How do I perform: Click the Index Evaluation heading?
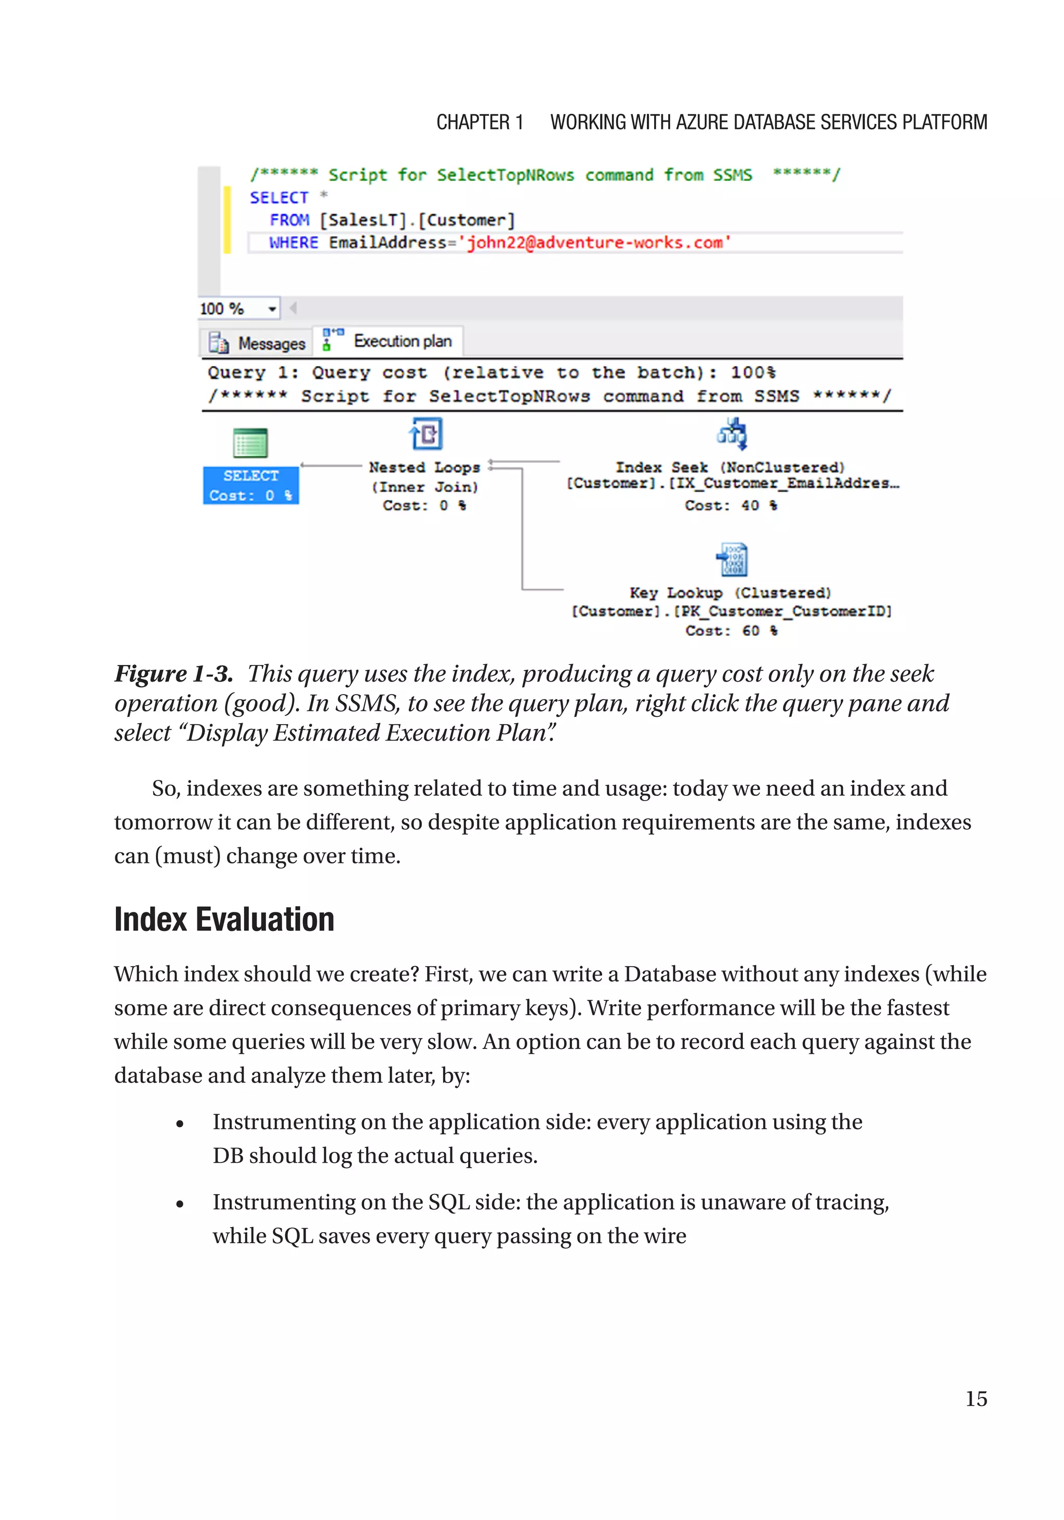[x=224, y=919]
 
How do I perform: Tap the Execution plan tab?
[x=389, y=341]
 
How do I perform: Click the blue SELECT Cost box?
[x=250, y=485]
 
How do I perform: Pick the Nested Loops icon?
[x=425, y=434]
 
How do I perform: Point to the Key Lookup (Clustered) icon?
[x=733, y=559]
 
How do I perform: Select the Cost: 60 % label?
[x=731, y=630]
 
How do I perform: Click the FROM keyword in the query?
[x=289, y=220]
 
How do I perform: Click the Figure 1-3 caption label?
[x=174, y=674]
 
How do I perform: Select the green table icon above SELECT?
[x=250, y=442]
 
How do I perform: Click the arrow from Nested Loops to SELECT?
[x=331, y=465]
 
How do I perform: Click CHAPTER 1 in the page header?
[x=480, y=123]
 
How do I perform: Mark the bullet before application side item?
[x=179, y=1124]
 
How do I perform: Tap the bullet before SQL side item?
[x=179, y=1204]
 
